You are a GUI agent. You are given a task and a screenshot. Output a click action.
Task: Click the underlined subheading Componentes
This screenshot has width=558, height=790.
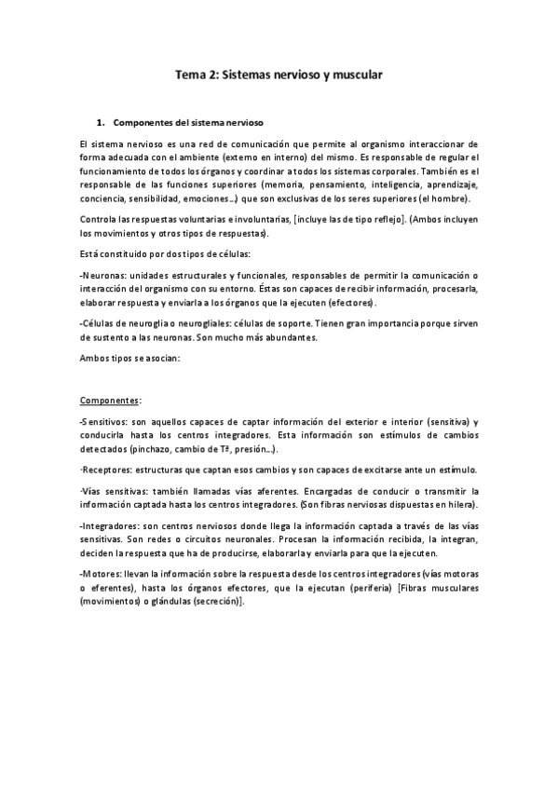[109, 400]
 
